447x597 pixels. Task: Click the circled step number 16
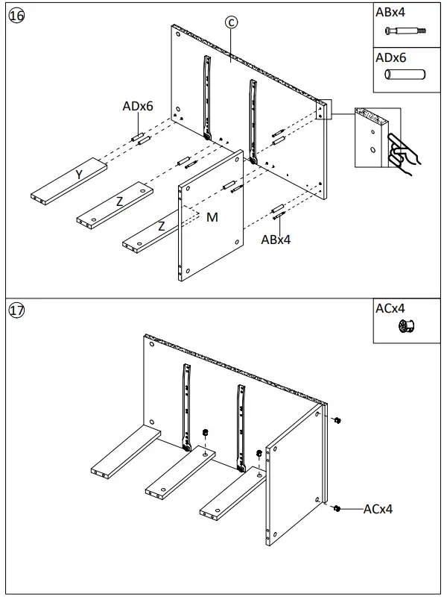coord(16,16)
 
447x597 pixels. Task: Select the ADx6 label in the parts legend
coord(390,57)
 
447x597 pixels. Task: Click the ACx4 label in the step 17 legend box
coord(390,307)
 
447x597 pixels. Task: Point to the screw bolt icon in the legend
coord(405,31)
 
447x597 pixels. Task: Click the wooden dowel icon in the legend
coord(404,75)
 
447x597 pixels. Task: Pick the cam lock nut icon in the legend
coord(406,325)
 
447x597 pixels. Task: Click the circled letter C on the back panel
coord(232,23)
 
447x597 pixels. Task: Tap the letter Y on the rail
coord(78,175)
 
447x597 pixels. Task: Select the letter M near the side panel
coord(212,217)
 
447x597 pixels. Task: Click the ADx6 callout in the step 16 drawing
coord(138,107)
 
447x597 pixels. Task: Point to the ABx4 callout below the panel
coord(276,240)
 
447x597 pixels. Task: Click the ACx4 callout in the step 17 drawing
coord(378,509)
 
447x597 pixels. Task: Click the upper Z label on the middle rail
coord(119,201)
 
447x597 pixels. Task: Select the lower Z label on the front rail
coord(160,226)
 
